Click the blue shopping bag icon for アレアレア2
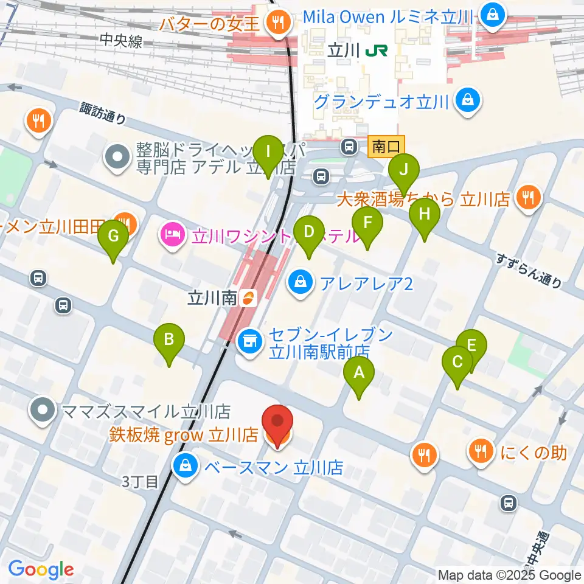[301, 281]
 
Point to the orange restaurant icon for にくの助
[481, 451]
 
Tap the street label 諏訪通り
[103, 113]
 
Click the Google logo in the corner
[41, 569]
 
